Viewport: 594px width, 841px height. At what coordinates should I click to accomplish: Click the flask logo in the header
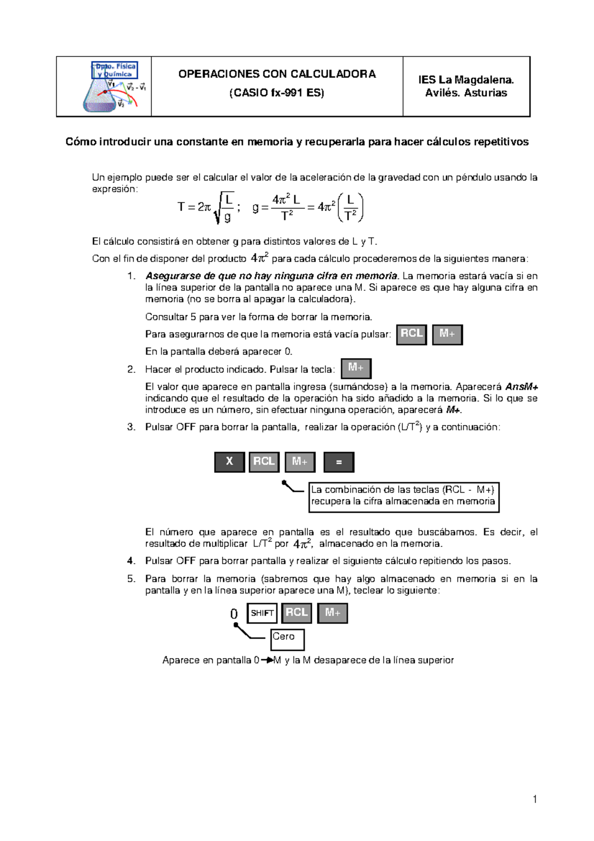pos(113,87)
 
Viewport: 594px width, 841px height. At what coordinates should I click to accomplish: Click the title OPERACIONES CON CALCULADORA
pos(277,74)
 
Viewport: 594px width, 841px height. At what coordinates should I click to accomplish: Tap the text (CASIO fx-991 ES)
pos(277,93)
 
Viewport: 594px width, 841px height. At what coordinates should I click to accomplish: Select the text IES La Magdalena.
pos(466,80)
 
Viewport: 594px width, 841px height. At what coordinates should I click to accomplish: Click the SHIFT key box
pos(262,613)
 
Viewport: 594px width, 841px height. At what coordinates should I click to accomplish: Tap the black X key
pos(229,462)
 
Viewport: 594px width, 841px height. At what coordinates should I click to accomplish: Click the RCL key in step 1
pos(411,334)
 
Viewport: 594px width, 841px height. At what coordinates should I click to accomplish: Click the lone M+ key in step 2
pos(356,368)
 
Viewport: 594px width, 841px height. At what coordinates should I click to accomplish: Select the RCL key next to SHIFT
pos(297,613)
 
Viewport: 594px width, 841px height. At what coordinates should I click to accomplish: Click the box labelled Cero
pos(287,639)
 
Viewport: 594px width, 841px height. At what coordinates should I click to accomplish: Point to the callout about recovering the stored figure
pos(403,496)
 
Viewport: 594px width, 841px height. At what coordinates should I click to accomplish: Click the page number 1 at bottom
pos(535,799)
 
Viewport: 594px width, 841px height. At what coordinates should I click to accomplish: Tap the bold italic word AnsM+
pos(521,387)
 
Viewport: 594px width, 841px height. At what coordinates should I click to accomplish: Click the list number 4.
pos(131,561)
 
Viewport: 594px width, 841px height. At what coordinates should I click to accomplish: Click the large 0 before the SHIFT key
pos(234,614)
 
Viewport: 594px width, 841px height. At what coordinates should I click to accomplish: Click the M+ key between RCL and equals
pos(299,462)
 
